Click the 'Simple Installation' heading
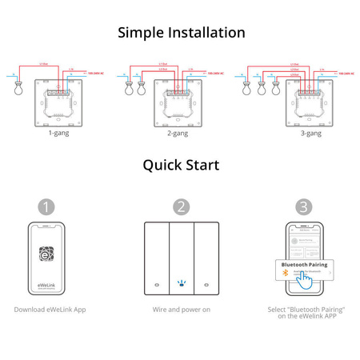click(181, 33)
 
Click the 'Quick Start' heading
click(181, 166)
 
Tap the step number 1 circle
click(48, 206)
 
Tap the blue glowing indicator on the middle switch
click(180, 283)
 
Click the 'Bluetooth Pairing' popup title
click(303, 264)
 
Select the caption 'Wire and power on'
click(181, 309)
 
